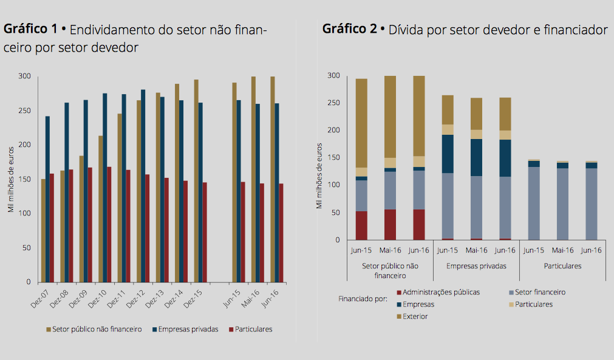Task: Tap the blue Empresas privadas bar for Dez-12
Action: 143,186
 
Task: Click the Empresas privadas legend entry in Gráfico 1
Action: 188,329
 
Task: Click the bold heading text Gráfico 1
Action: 30,29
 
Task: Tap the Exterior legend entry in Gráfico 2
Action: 415,316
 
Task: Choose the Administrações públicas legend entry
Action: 441,292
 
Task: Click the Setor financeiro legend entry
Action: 540,292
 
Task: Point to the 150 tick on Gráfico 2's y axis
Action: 335,158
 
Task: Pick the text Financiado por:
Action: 363,299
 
